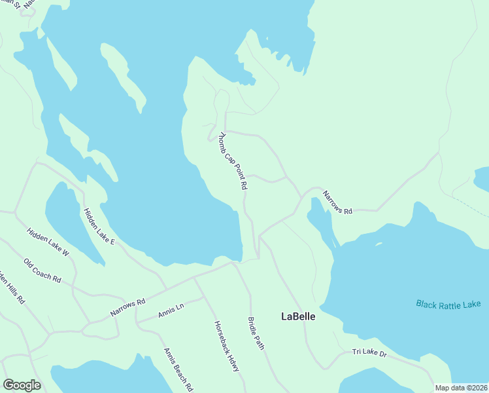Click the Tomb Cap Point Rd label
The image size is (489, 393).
tap(233, 161)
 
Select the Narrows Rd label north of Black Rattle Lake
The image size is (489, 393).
tap(337, 202)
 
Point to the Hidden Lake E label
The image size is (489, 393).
tap(99, 227)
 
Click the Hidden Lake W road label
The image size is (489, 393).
tap(48, 242)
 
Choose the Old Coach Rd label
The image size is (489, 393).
tap(42, 271)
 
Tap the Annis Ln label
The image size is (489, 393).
tap(171, 310)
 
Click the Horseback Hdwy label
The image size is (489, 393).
tap(226, 346)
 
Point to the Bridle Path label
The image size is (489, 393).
tap(256, 333)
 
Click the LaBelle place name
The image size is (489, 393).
tap(298, 316)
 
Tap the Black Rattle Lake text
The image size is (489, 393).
tap(448, 304)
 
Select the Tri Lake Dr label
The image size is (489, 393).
tap(369, 353)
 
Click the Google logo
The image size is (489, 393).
tap(22, 385)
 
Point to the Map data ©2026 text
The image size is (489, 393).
tap(462, 388)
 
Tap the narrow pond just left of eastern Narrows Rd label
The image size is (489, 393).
tap(320, 219)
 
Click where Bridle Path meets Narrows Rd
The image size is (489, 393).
tap(233, 263)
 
